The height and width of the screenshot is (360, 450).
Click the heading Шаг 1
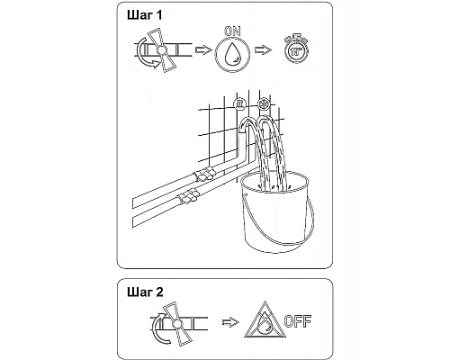(x=145, y=15)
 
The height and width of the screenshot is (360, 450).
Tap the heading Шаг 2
(x=145, y=292)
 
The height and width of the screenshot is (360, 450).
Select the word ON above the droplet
(x=232, y=31)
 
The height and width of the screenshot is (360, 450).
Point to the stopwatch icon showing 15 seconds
(x=296, y=48)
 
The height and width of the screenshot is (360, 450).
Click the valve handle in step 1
(x=162, y=50)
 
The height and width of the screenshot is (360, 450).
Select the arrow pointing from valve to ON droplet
(x=203, y=49)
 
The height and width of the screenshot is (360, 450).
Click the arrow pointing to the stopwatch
(x=263, y=49)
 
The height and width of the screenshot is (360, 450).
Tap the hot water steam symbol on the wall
(x=239, y=103)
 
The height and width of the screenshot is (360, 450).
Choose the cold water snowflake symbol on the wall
(x=264, y=104)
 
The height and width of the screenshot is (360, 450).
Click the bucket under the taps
(x=275, y=213)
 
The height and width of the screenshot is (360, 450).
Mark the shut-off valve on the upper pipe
(x=204, y=175)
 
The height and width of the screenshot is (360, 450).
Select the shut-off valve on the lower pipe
(x=187, y=196)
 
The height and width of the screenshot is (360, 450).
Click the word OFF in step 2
(x=298, y=321)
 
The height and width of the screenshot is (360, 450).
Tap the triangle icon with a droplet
(x=265, y=320)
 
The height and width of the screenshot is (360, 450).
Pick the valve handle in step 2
(x=177, y=323)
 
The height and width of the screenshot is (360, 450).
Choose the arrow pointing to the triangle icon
(x=230, y=322)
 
